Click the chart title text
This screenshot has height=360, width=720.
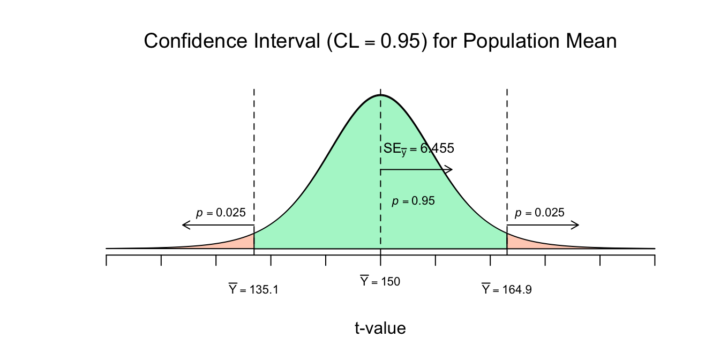point(380,41)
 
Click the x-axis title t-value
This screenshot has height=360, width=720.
point(380,328)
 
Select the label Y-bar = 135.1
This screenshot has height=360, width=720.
point(253,289)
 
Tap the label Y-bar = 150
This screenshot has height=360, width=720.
point(380,281)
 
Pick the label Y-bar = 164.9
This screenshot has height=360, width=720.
point(507,289)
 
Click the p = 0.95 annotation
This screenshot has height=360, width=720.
point(414,201)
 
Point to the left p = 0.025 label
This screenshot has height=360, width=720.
point(221,213)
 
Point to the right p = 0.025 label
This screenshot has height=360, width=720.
point(539,213)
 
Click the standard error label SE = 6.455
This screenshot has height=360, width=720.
point(419,149)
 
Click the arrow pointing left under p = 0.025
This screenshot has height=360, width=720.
point(218,225)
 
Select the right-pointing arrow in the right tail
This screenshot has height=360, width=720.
point(543,225)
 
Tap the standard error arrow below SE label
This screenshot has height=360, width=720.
point(417,170)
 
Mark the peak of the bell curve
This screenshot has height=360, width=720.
point(380,95)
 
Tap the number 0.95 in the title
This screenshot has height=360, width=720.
point(400,41)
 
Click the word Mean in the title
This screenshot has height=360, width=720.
point(591,41)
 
